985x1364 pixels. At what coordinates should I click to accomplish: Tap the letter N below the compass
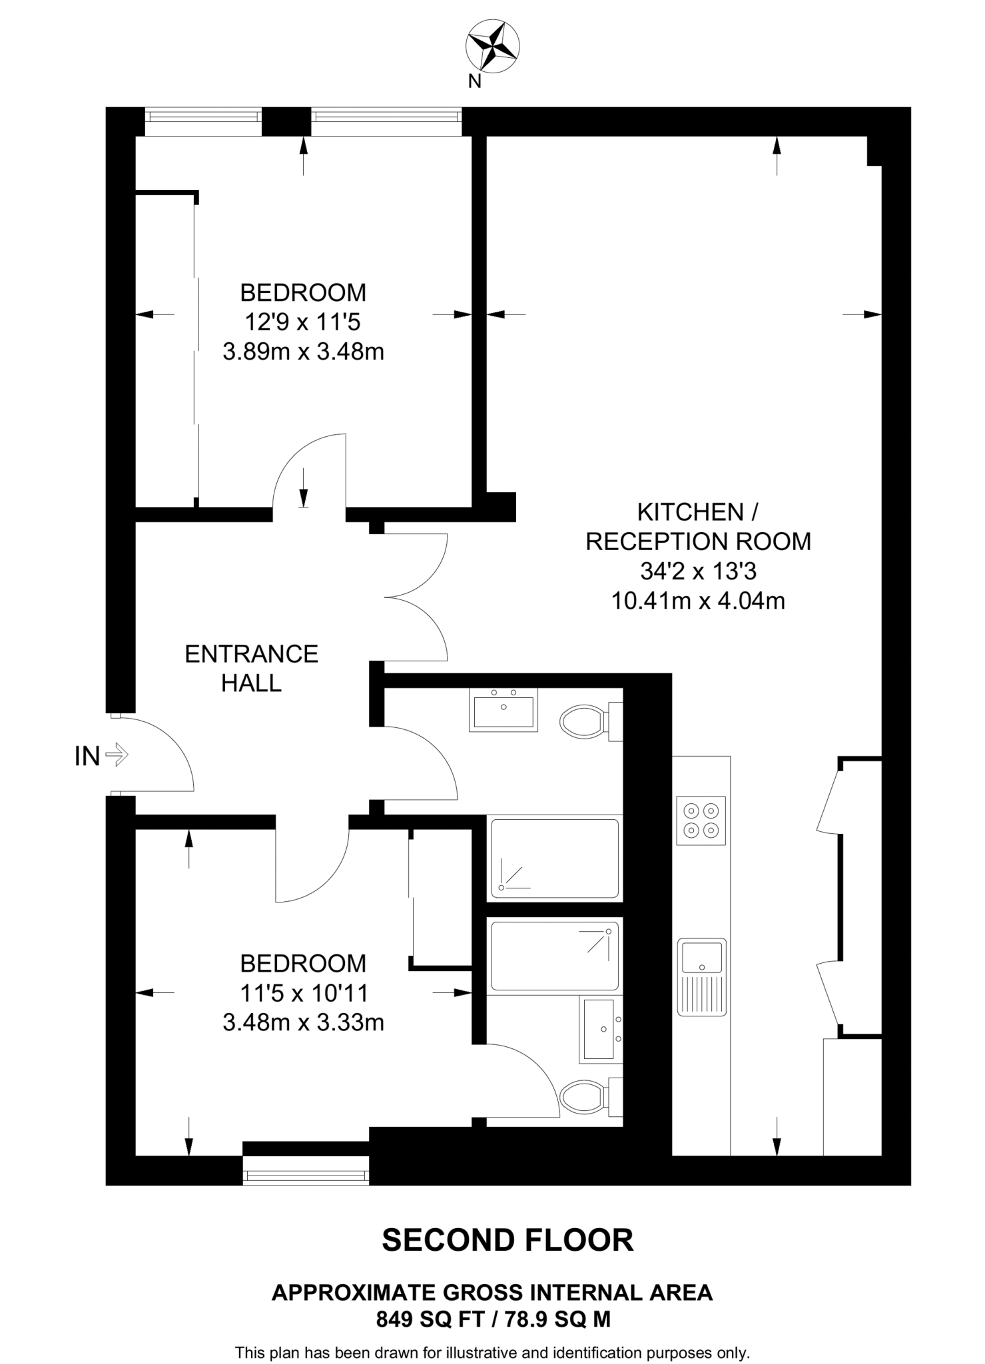[474, 81]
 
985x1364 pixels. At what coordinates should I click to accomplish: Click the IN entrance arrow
[117, 755]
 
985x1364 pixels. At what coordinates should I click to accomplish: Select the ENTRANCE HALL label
[251, 668]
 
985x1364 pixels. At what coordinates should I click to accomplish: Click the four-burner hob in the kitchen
[701, 820]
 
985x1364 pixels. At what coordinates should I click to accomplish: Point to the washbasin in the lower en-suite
[600, 1029]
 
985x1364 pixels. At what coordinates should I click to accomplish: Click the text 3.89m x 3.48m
[303, 352]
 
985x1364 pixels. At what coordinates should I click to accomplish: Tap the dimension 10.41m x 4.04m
[698, 601]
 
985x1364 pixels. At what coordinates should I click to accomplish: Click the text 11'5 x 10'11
[304, 993]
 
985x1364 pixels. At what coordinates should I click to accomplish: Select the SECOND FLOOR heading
[507, 1240]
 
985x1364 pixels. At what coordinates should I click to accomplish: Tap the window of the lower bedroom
[306, 1177]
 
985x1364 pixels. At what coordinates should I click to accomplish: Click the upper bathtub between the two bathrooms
[554, 858]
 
